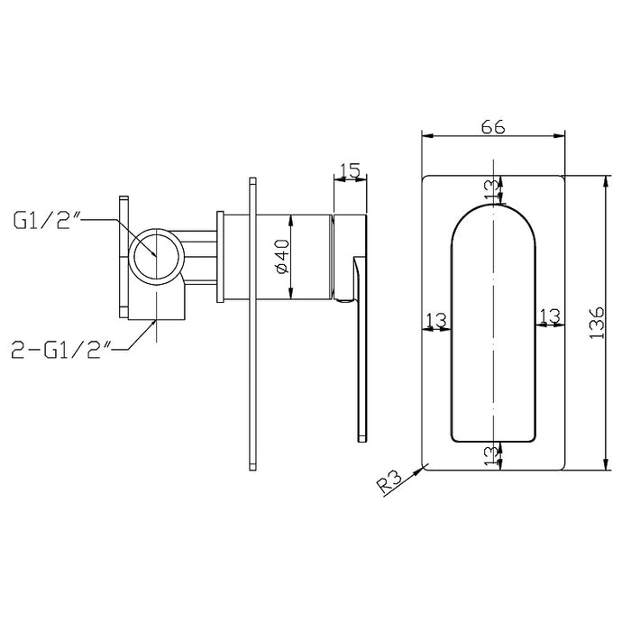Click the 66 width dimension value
492,127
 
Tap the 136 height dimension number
597,323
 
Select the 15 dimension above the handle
350,170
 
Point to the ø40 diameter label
282,256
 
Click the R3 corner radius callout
389,482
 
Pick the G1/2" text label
48,220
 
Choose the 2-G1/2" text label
61,350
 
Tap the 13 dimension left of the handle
436,320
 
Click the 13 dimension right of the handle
550,315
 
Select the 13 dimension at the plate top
491,189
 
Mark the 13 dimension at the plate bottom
491,456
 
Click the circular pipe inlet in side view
157,256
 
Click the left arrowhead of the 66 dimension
427,136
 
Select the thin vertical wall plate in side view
252,324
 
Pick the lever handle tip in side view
362,439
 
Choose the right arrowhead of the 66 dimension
559,136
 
